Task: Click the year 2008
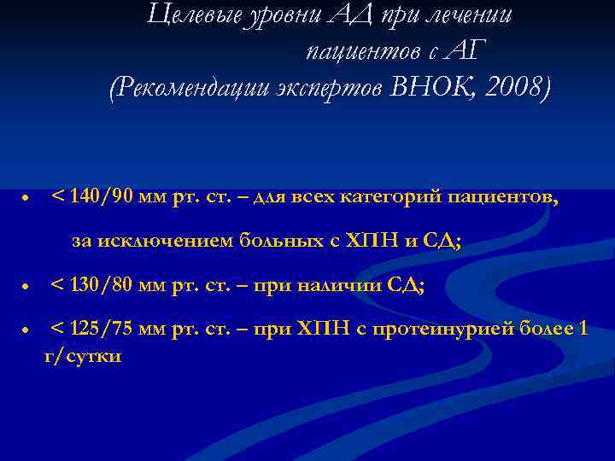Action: tap(516, 87)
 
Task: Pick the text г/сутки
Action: tap(82, 354)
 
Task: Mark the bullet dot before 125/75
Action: tap(27, 331)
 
